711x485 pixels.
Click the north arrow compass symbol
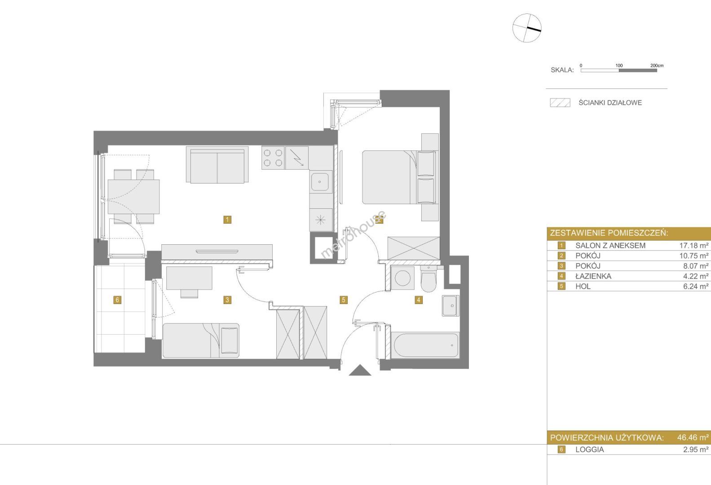pos(527,28)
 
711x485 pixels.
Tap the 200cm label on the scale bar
pos(657,66)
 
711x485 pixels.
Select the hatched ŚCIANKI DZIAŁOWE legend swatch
pos(560,102)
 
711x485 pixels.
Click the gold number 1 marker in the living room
pos(227,219)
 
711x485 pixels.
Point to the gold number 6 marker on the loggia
pos(117,300)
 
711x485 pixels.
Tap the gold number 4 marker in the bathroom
pos(418,300)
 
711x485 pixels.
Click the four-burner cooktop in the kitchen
pos(273,158)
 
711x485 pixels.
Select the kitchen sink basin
pos(320,182)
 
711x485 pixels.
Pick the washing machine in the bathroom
pos(402,278)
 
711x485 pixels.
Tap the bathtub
pos(425,345)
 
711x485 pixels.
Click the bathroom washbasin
pos(450,306)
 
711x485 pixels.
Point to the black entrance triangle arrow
pos(360,370)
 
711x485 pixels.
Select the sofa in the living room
pos(217,165)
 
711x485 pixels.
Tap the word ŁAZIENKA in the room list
pos(593,276)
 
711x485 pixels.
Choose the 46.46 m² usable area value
pos(693,437)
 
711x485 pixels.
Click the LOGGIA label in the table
pos(589,450)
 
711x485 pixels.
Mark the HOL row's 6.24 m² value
pos(696,287)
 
